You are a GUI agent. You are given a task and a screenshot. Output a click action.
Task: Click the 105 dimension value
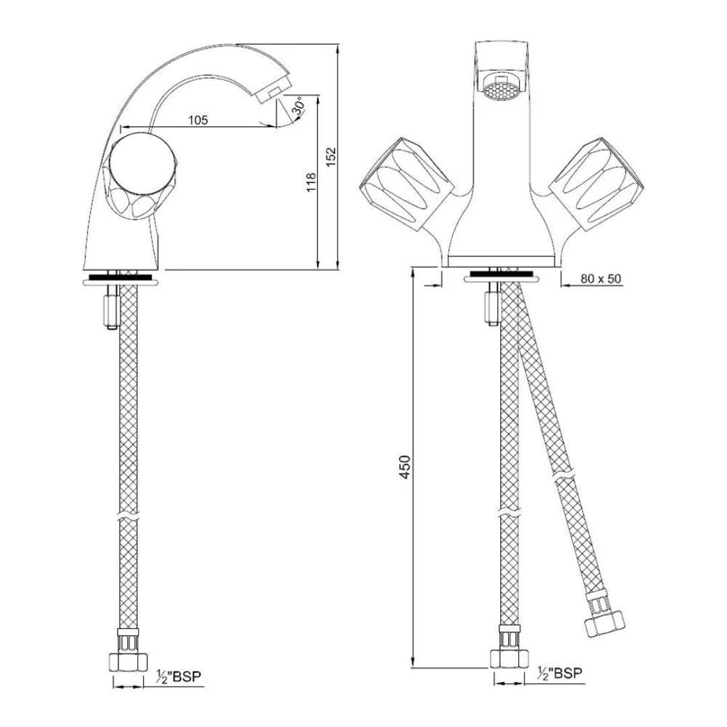[x=198, y=120]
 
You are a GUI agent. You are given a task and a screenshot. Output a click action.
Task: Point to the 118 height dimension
[x=310, y=182]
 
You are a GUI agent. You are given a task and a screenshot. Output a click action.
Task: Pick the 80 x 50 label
[x=600, y=279]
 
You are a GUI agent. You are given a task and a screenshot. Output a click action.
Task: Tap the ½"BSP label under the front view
[x=559, y=672]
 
